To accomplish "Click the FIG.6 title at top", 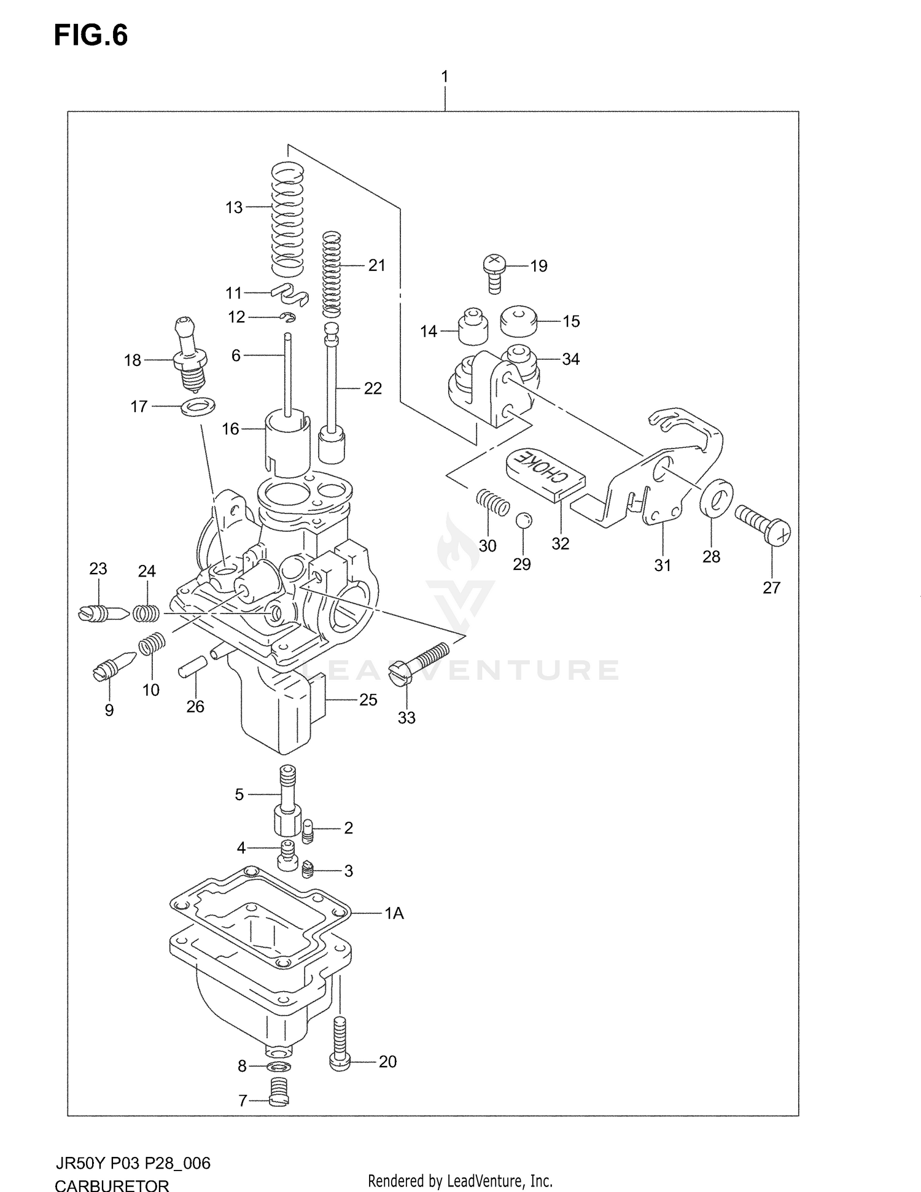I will pos(91,36).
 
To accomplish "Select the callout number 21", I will pos(376,265).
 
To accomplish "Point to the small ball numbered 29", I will pos(523,520).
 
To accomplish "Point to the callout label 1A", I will pos(394,913).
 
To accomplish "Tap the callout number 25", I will pos(368,699).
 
